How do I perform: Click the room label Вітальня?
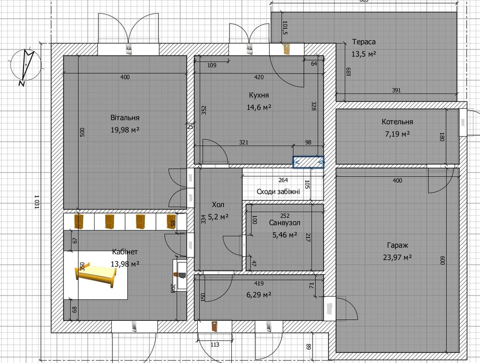(125, 118)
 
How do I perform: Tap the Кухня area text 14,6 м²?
(259, 107)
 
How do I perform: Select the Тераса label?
(364, 42)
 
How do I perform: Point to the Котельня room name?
(397, 122)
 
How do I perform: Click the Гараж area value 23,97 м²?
(397, 258)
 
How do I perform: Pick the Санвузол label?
(285, 223)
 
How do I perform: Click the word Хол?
(218, 205)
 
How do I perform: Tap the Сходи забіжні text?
(278, 192)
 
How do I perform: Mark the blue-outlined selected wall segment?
(308, 162)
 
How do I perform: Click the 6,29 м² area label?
(259, 295)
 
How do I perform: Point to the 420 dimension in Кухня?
(259, 77)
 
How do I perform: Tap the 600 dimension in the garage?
(442, 260)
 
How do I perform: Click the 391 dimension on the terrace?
(396, 90)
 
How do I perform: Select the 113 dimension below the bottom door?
(215, 345)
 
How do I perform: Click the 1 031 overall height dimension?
(36, 202)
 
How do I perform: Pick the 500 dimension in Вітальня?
(82, 132)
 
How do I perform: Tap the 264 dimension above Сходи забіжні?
(283, 180)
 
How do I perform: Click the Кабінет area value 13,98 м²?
(125, 264)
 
